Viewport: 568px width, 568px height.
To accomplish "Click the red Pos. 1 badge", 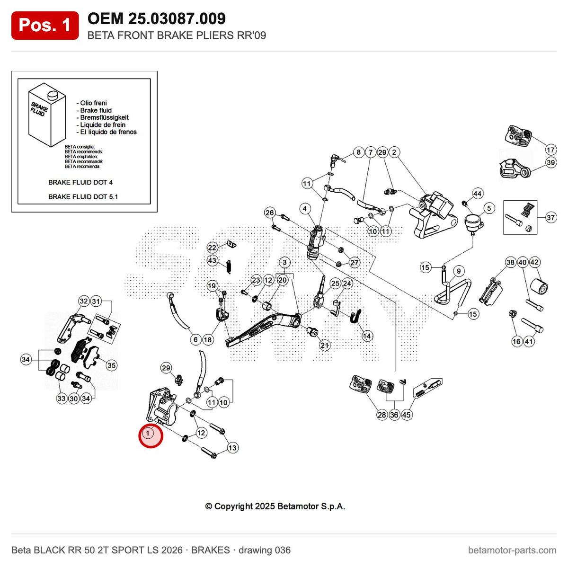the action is tap(45, 26).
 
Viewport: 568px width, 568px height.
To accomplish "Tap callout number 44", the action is tap(477, 194).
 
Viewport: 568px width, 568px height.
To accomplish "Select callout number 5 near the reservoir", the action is tap(489, 208).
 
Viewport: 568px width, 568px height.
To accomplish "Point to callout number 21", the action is tap(325, 345).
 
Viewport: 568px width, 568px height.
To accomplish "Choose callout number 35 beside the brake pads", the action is tap(111, 365).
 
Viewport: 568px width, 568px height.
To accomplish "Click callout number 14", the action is tap(367, 336).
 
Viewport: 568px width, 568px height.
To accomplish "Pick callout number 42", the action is tap(534, 262).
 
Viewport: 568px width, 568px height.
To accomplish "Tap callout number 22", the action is tap(212, 248).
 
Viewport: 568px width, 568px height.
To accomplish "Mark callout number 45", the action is tap(406, 415).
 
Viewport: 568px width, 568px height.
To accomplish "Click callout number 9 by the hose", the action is tap(459, 271).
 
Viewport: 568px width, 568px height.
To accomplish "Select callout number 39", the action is tap(550, 162).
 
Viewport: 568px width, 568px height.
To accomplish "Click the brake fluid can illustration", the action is tap(47, 115).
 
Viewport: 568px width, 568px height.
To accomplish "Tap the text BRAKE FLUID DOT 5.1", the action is tap(83, 196).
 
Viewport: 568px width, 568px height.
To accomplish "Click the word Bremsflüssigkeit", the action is tap(104, 117).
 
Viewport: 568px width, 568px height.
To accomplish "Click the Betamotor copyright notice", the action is tap(275, 506).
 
